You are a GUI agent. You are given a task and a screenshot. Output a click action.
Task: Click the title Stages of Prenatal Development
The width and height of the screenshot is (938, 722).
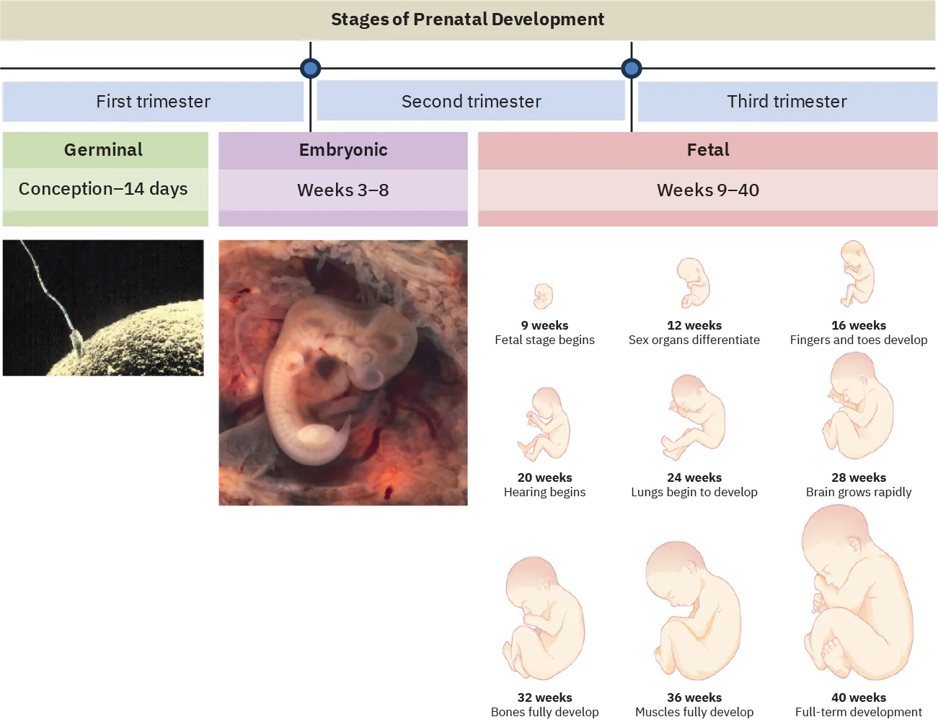[x=467, y=19]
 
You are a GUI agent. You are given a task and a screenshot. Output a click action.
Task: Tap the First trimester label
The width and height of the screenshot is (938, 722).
[x=153, y=102]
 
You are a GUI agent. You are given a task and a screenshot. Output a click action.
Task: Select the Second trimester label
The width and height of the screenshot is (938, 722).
[x=471, y=102]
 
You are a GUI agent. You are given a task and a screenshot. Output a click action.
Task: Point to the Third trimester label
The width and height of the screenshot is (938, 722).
[x=787, y=102]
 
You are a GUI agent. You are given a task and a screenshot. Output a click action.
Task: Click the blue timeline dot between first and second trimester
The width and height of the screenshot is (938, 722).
[x=310, y=69]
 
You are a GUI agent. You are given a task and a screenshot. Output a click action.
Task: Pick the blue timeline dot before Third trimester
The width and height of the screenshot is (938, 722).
[x=632, y=69]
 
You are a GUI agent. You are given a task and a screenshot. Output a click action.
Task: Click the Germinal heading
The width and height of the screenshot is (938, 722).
[x=103, y=150]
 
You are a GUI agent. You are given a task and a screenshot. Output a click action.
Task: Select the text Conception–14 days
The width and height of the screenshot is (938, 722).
[x=103, y=189]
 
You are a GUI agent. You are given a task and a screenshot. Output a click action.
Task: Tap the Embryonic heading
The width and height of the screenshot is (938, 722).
[x=343, y=150]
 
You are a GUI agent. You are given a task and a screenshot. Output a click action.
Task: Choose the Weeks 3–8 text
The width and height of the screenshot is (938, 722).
[x=343, y=190]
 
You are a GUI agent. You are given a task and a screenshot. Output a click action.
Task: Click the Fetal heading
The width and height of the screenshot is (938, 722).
[x=708, y=150]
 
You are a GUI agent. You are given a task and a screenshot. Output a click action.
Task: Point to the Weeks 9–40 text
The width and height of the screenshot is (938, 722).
[x=708, y=190]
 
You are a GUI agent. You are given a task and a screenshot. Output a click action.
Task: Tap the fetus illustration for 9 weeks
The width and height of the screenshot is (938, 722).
[x=544, y=296]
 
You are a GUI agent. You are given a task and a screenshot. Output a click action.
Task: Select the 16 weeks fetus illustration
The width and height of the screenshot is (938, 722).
[x=857, y=274]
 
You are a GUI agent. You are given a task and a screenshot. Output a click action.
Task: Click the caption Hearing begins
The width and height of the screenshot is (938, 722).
[x=544, y=492]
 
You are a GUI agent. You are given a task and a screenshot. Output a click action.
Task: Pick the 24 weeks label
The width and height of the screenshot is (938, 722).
[x=694, y=477]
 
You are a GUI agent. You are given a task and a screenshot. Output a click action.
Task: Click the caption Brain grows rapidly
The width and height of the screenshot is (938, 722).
[x=858, y=492]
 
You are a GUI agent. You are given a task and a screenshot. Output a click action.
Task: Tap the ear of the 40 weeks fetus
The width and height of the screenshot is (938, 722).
[x=855, y=546]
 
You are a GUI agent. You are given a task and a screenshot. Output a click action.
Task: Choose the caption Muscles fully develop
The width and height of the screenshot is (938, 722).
[x=694, y=712]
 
